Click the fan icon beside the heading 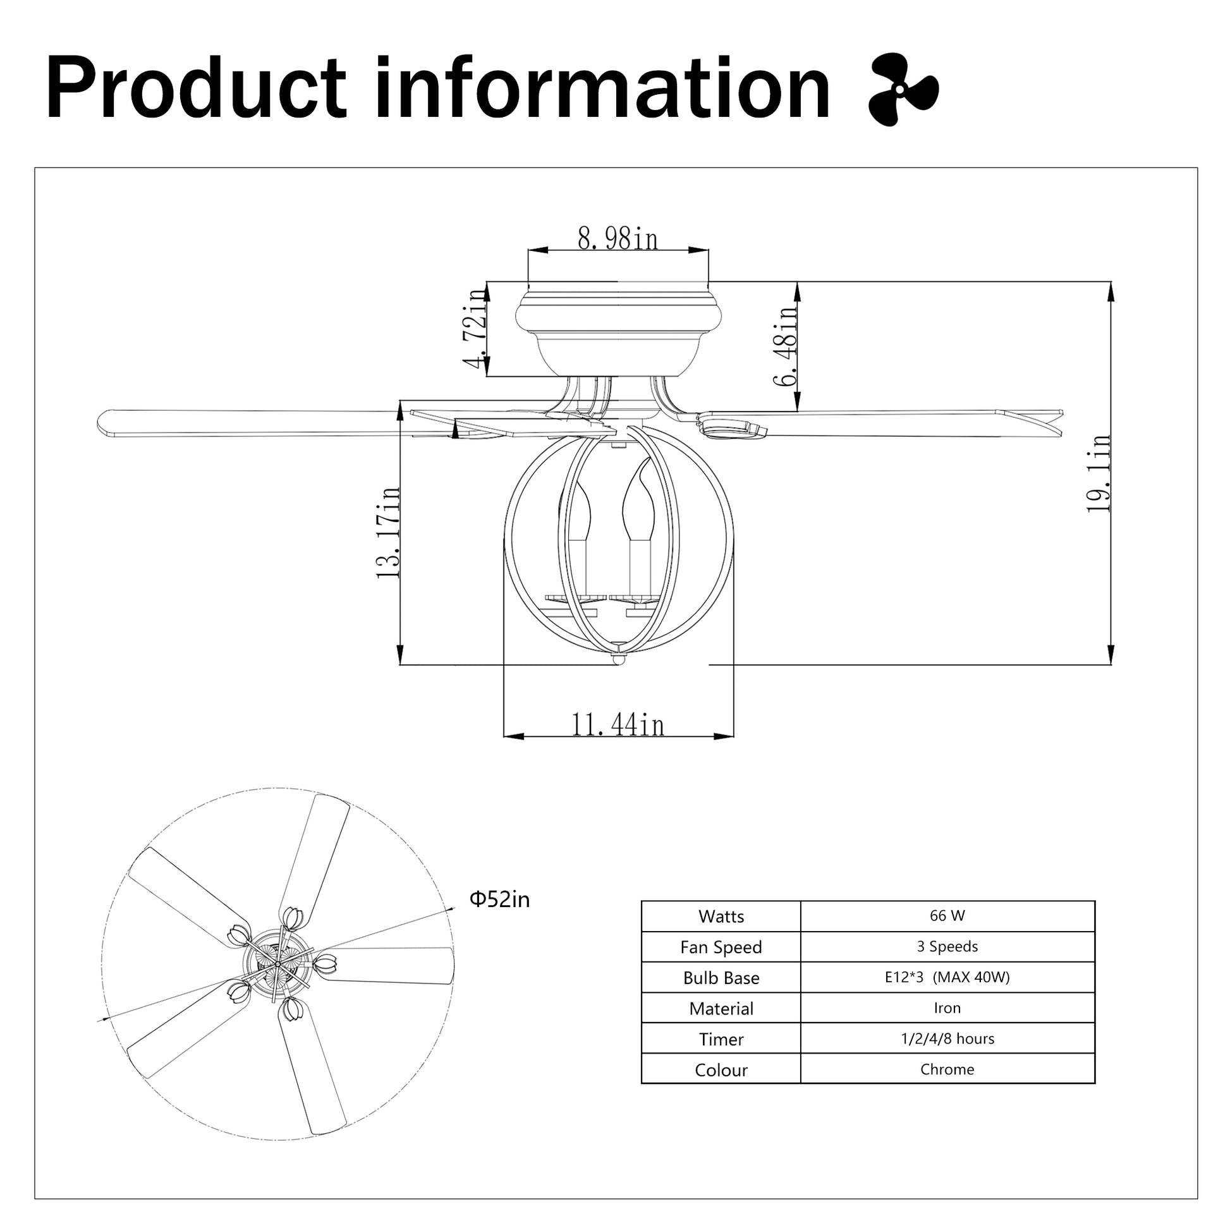[903, 89]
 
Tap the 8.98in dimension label [618, 239]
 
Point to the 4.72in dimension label [475, 329]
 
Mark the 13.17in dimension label [387, 532]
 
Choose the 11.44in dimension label [618, 724]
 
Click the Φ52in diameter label [499, 899]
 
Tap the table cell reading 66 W [947, 915]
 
